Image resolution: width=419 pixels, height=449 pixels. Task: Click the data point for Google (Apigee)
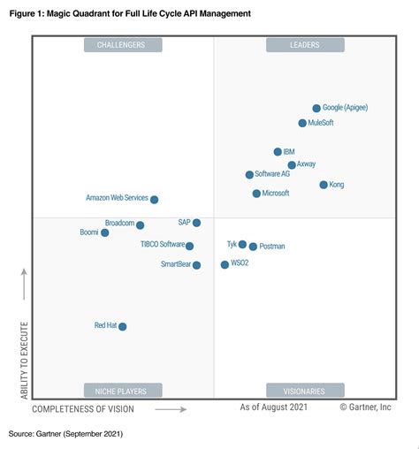316,108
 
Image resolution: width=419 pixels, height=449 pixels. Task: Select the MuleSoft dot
302,124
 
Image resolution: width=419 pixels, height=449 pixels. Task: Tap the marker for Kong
324,185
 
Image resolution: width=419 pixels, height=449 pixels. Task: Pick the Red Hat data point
123,326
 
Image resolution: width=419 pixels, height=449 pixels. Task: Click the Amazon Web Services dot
155,200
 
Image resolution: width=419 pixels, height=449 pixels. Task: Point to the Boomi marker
105,232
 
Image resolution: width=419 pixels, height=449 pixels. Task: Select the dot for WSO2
225,264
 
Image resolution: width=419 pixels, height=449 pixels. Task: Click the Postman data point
253,247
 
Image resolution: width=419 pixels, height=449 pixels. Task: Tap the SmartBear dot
197,264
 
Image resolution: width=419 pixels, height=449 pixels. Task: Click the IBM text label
289,152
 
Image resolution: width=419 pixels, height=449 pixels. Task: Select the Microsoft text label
276,193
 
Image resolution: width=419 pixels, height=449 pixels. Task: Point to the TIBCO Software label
163,244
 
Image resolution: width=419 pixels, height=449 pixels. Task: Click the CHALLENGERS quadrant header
122,44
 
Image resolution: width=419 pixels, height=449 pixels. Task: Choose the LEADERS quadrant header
305,44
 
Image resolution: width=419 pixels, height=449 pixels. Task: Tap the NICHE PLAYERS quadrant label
122,390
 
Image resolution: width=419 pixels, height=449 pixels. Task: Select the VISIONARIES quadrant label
305,390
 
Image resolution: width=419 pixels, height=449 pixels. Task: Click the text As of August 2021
273,407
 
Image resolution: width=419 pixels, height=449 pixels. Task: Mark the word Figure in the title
26,14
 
